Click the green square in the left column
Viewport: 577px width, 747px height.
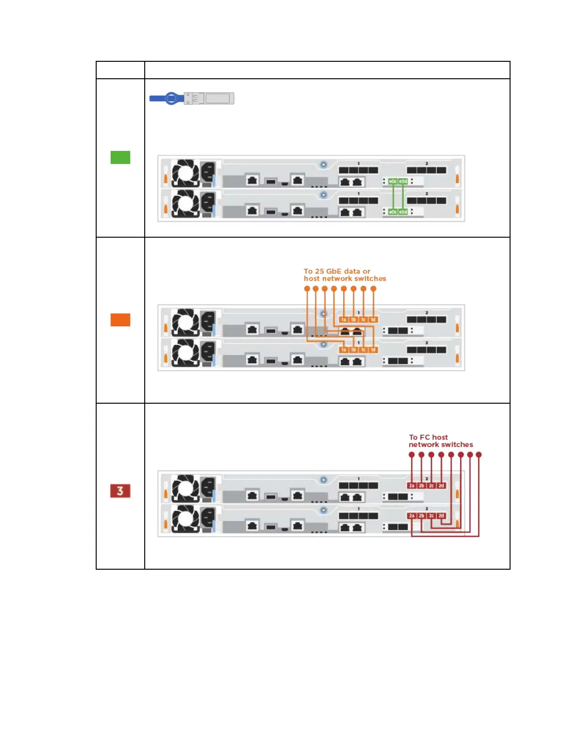pos(120,158)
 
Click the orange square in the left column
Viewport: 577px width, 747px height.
pos(120,320)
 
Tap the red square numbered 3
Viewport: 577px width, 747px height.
pos(120,491)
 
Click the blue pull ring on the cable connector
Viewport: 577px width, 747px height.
pos(172,98)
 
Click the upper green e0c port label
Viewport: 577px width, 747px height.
pos(393,181)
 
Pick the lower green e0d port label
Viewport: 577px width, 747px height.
pos(403,212)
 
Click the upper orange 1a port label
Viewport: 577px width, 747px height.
pos(344,320)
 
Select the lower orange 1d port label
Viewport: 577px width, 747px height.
pos(373,350)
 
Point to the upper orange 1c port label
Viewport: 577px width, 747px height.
pos(363,320)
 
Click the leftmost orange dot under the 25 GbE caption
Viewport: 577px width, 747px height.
pos(307,289)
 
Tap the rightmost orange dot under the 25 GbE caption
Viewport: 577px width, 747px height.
pos(373,289)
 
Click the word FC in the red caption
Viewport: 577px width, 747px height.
pos(425,437)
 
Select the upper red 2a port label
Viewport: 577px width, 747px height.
pos(412,485)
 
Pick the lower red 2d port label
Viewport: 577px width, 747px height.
pos(441,516)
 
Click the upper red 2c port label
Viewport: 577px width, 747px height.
pos(431,485)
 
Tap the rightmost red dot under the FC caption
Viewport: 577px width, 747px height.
pos(479,455)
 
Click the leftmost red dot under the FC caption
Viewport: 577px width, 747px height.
pos(412,455)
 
